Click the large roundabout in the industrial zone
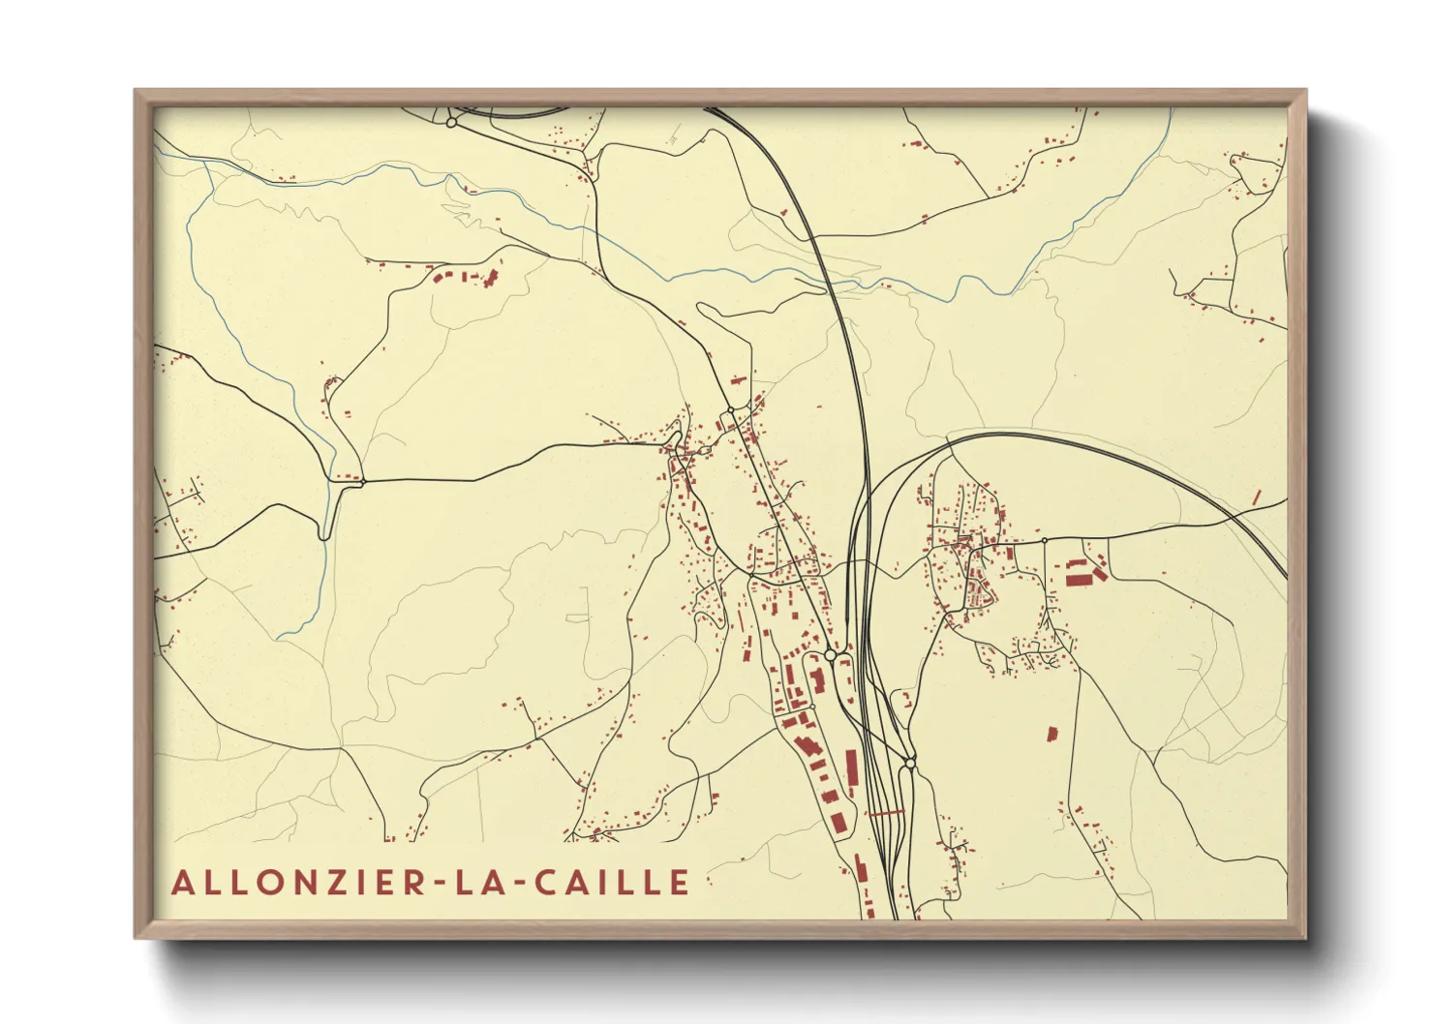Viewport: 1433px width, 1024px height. [830, 656]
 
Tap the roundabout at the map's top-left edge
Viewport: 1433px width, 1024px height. [451, 123]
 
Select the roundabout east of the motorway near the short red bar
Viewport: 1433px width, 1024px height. [909, 765]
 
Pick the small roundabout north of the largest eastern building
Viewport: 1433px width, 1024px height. [1045, 540]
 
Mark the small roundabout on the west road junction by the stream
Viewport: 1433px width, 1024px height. [363, 480]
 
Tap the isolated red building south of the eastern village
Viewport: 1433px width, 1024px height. [1052, 734]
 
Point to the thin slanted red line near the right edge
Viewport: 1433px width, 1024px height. [1257, 497]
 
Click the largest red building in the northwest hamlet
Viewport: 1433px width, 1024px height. [490, 279]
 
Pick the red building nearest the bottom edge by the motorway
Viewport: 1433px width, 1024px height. [869, 911]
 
